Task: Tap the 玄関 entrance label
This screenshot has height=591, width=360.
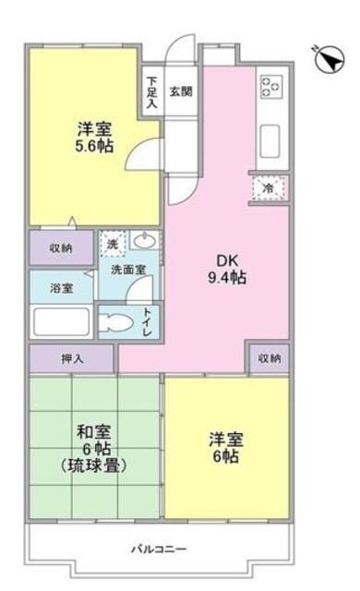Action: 181,91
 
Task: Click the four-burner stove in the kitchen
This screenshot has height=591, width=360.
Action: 271,87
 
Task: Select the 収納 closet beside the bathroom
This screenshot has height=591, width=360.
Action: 60,247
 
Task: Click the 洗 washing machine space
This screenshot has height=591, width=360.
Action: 112,244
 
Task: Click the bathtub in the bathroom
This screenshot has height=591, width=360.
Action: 61,321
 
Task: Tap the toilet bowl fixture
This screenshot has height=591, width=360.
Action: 117,322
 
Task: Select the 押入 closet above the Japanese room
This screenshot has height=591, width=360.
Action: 72,357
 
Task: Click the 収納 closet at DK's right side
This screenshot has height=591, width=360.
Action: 269,357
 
